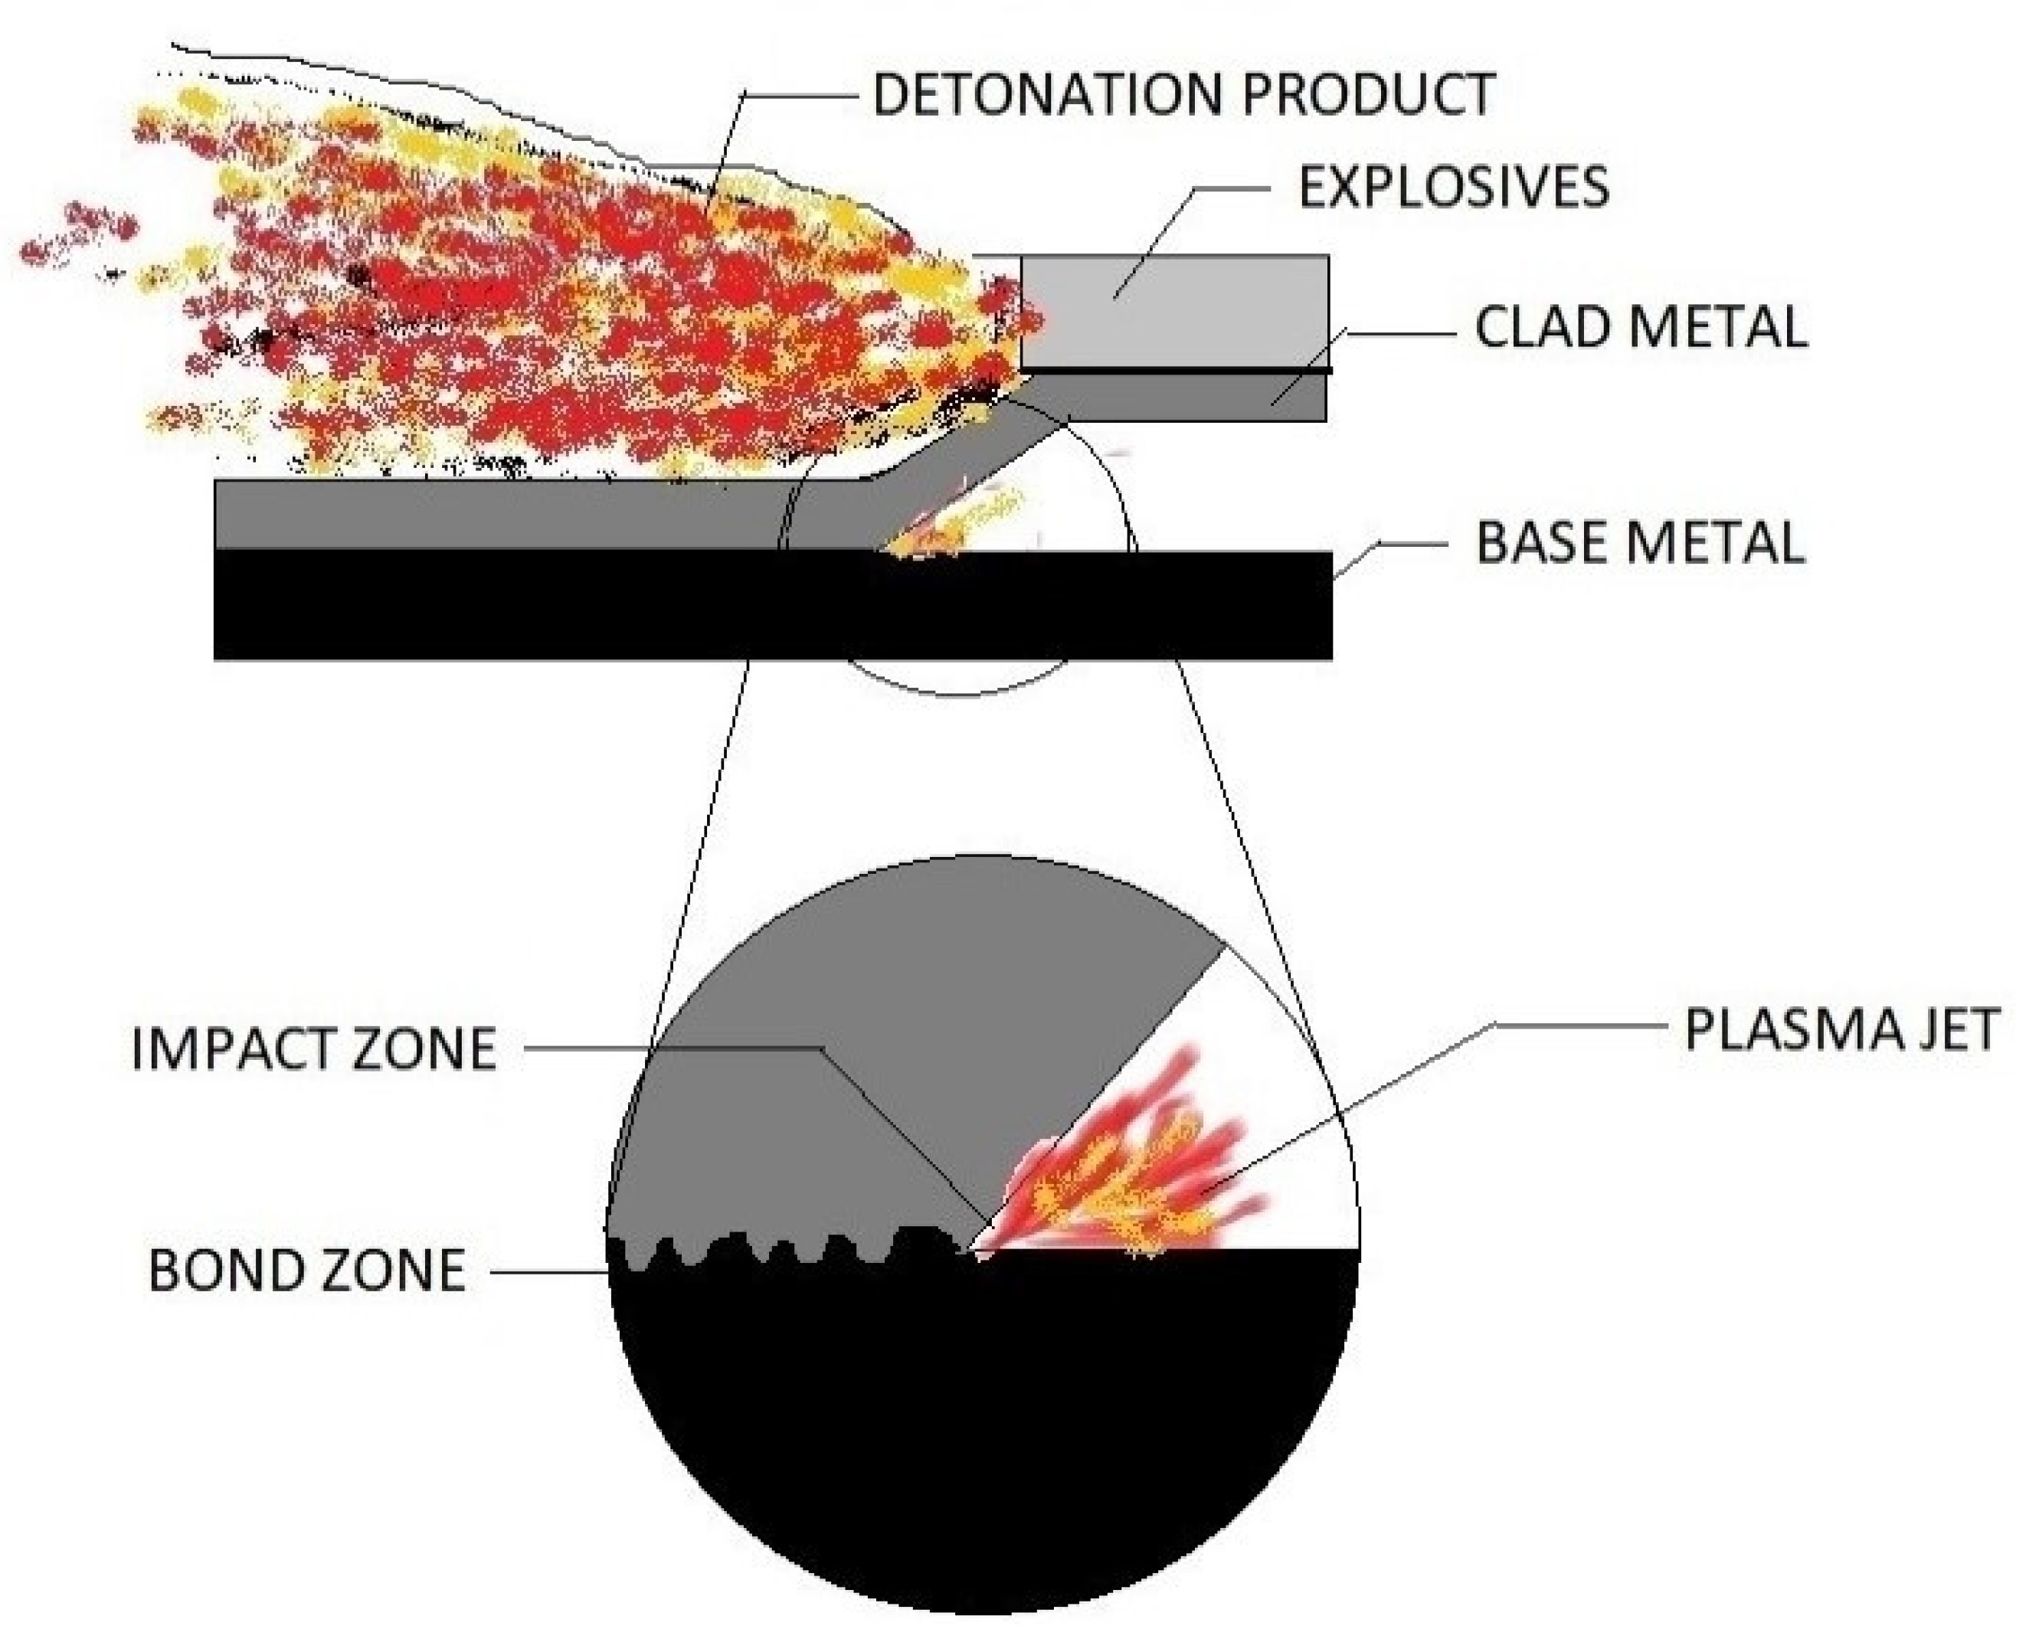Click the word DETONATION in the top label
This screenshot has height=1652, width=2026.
coord(1049,94)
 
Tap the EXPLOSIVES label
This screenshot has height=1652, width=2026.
coord(1453,187)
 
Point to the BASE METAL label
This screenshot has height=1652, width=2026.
coord(1638,542)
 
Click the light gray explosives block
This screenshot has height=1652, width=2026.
coord(1173,310)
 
